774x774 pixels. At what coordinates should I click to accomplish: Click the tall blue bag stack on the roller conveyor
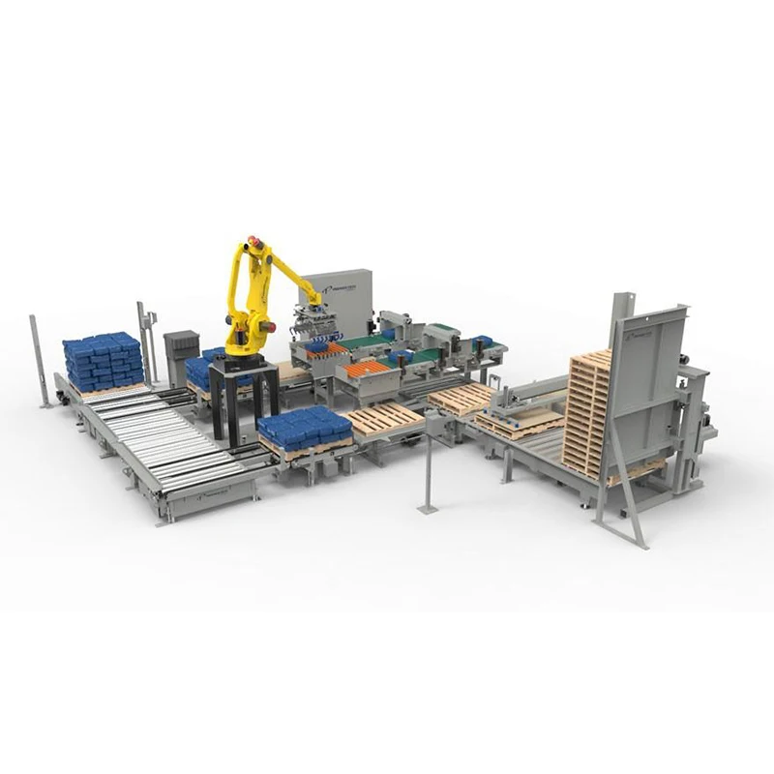point(104,360)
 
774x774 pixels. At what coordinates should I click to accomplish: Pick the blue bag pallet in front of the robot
point(305,430)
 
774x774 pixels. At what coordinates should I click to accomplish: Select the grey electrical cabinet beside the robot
point(181,358)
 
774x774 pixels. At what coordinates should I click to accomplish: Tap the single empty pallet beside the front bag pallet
point(384,419)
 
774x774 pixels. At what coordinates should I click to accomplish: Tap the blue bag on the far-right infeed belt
point(481,341)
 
